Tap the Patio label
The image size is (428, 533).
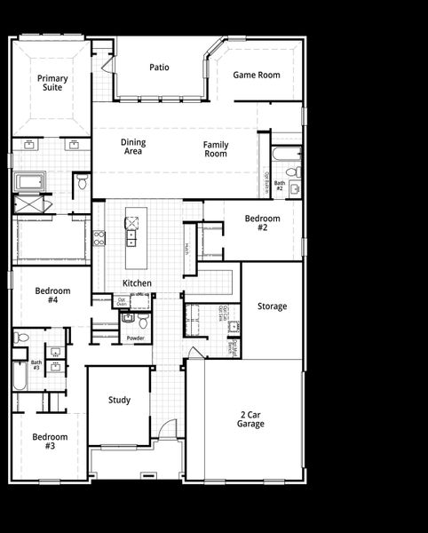click(x=159, y=67)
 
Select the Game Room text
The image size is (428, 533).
click(x=257, y=76)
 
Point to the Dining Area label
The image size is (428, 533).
click(x=133, y=147)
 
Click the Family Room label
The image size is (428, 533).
click(x=215, y=149)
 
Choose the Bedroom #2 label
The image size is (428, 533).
click(x=262, y=223)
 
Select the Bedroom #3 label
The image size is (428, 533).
click(x=50, y=441)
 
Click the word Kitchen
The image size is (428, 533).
click(x=137, y=283)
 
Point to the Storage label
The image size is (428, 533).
click(x=272, y=306)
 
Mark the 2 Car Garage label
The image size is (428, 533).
click(x=251, y=419)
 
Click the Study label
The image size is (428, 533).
click(x=119, y=400)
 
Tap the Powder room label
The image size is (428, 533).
click(x=135, y=338)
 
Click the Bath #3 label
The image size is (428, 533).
click(x=36, y=365)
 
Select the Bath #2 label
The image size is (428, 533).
click(x=279, y=186)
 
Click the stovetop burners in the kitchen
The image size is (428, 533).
click(x=99, y=238)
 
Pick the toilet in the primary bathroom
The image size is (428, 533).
click(x=81, y=182)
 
